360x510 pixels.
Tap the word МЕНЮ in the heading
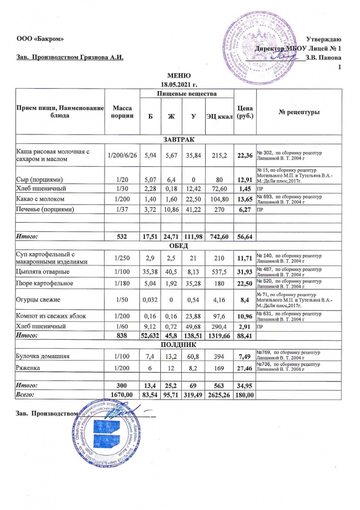pos(178,75)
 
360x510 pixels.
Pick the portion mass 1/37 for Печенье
pos(122,210)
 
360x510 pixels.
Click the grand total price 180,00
pos(245,396)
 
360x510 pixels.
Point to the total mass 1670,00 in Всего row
pos(122,396)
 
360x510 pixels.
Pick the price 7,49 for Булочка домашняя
pos(245,357)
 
